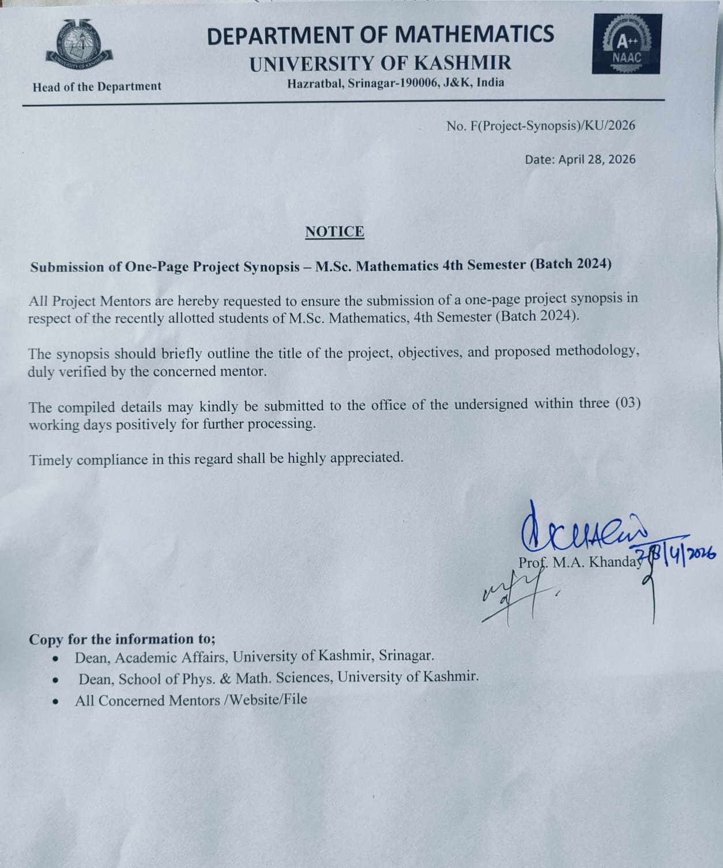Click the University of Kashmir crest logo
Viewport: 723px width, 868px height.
pyautogui.click(x=79, y=46)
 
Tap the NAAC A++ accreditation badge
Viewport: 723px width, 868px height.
pyautogui.click(x=627, y=45)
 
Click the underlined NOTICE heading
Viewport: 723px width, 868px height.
pyautogui.click(x=334, y=232)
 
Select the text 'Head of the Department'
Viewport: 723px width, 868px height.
pyautogui.click(x=97, y=87)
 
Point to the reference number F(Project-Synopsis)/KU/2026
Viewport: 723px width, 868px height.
pyautogui.click(x=552, y=126)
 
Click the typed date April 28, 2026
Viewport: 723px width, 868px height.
pyautogui.click(x=597, y=159)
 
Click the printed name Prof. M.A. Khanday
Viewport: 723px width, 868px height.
pyautogui.click(x=579, y=562)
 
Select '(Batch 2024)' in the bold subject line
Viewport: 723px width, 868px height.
pyautogui.click(x=570, y=264)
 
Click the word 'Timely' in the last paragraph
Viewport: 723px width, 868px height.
pyautogui.click(x=51, y=461)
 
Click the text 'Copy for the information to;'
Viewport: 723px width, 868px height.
pyautogui.click(x=122, y=639)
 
